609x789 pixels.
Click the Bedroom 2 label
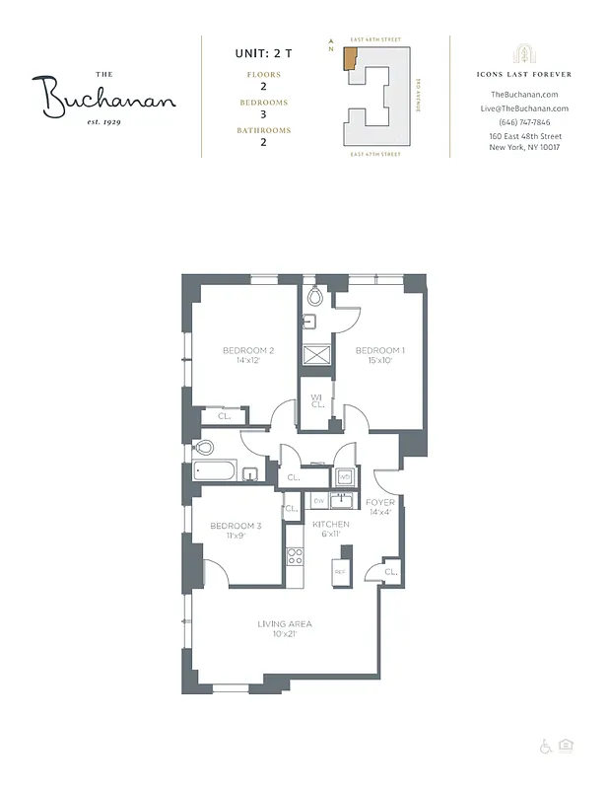(x=247, y=350)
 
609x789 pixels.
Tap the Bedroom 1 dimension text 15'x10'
(x=379, y=361)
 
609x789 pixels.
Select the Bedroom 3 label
(x=236, y=526)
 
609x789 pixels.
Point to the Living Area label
(x=285, y=623)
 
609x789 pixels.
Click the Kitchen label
(x=331, y=525)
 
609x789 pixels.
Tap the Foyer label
(x=380, y=503)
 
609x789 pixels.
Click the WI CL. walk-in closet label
(x=317, y=401)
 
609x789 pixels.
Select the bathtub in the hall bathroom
(x=218, y=471)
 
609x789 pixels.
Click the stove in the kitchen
(x=294, y=555)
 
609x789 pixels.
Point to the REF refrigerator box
(x=340, y=572)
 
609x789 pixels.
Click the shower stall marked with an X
(x=316, y=355)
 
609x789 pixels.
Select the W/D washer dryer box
(x=345, y=477)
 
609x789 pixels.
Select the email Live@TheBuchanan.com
(x=524, y=108)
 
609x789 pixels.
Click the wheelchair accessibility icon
(x=546, y=746)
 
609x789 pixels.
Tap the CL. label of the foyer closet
(x=390, y=572)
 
